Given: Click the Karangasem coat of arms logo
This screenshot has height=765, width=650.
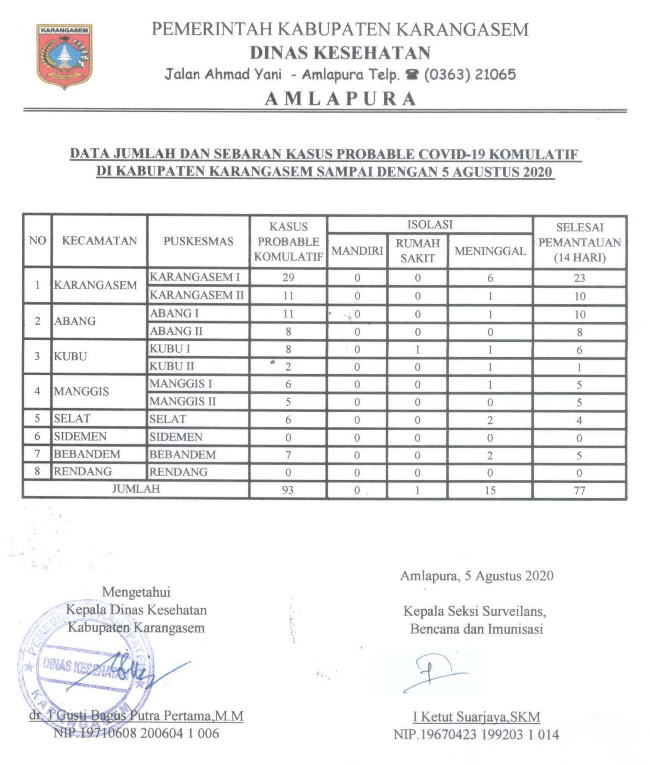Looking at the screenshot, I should click(65, 56).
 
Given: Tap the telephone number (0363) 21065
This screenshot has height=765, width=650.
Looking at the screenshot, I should click(470, 74).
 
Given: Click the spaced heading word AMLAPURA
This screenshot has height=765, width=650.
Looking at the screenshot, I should click(340, 99).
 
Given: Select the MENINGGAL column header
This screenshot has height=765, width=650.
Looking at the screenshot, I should click(490, 251).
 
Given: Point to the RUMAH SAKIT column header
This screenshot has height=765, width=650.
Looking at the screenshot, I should click(418, 251).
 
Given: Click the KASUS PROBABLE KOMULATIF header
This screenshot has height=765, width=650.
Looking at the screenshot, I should click(288, 242).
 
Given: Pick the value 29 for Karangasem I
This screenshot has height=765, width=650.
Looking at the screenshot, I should click(288, 278).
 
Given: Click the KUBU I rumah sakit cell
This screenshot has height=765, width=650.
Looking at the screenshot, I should click(418, 349).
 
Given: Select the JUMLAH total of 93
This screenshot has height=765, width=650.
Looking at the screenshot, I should click(288, 490).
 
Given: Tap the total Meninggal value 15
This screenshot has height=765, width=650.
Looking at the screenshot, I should click(490, 490).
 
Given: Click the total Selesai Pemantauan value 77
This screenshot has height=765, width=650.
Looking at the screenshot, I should click(579, 490).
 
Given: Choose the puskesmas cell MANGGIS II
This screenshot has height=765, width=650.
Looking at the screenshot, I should click(183, 401).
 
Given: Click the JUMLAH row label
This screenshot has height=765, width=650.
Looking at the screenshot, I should click(136, 489).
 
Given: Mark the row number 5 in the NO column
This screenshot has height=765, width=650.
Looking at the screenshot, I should click(37, 419).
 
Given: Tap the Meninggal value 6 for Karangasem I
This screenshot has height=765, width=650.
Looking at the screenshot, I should click(490, 278).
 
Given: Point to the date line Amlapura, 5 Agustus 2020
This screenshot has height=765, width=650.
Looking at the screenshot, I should click(477, 576).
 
